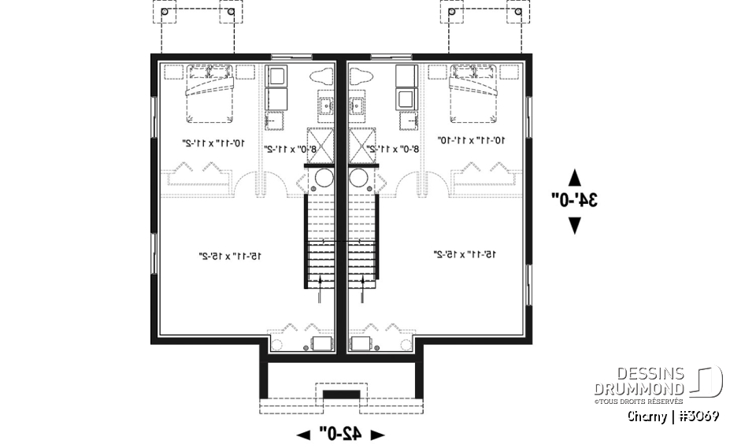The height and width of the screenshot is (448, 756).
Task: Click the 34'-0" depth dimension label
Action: [576, 200]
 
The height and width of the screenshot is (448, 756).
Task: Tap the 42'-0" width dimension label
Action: [340, 433]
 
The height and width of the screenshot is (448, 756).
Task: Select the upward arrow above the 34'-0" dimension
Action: [575, 176]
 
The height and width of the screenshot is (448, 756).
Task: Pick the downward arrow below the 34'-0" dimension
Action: [575, 225]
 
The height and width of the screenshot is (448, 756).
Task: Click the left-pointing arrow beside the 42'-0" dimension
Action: [303, 434]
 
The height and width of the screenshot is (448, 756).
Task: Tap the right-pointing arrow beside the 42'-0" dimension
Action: [377, 434]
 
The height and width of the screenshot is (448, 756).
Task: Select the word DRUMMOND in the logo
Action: [639, 388]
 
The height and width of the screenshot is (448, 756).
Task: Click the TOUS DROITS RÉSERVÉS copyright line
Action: [639, 401]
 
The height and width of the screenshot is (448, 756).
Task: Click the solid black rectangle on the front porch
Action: [341, 394]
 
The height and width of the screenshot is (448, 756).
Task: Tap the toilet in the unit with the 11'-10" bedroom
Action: [360, 76]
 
